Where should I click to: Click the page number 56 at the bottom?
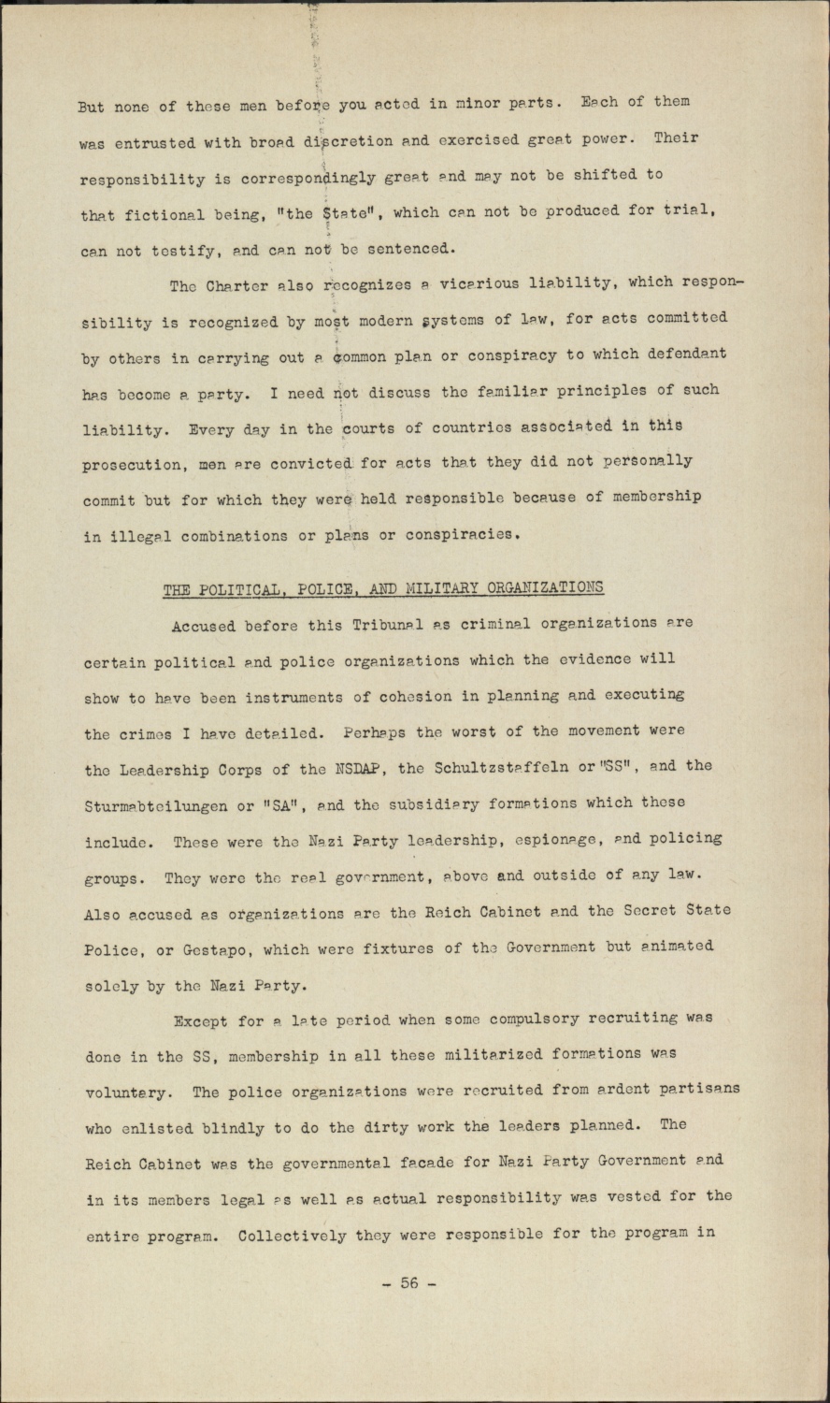coord(410,1283)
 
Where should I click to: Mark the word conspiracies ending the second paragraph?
coord(458,535)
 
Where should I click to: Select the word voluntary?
coord(127,1092)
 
